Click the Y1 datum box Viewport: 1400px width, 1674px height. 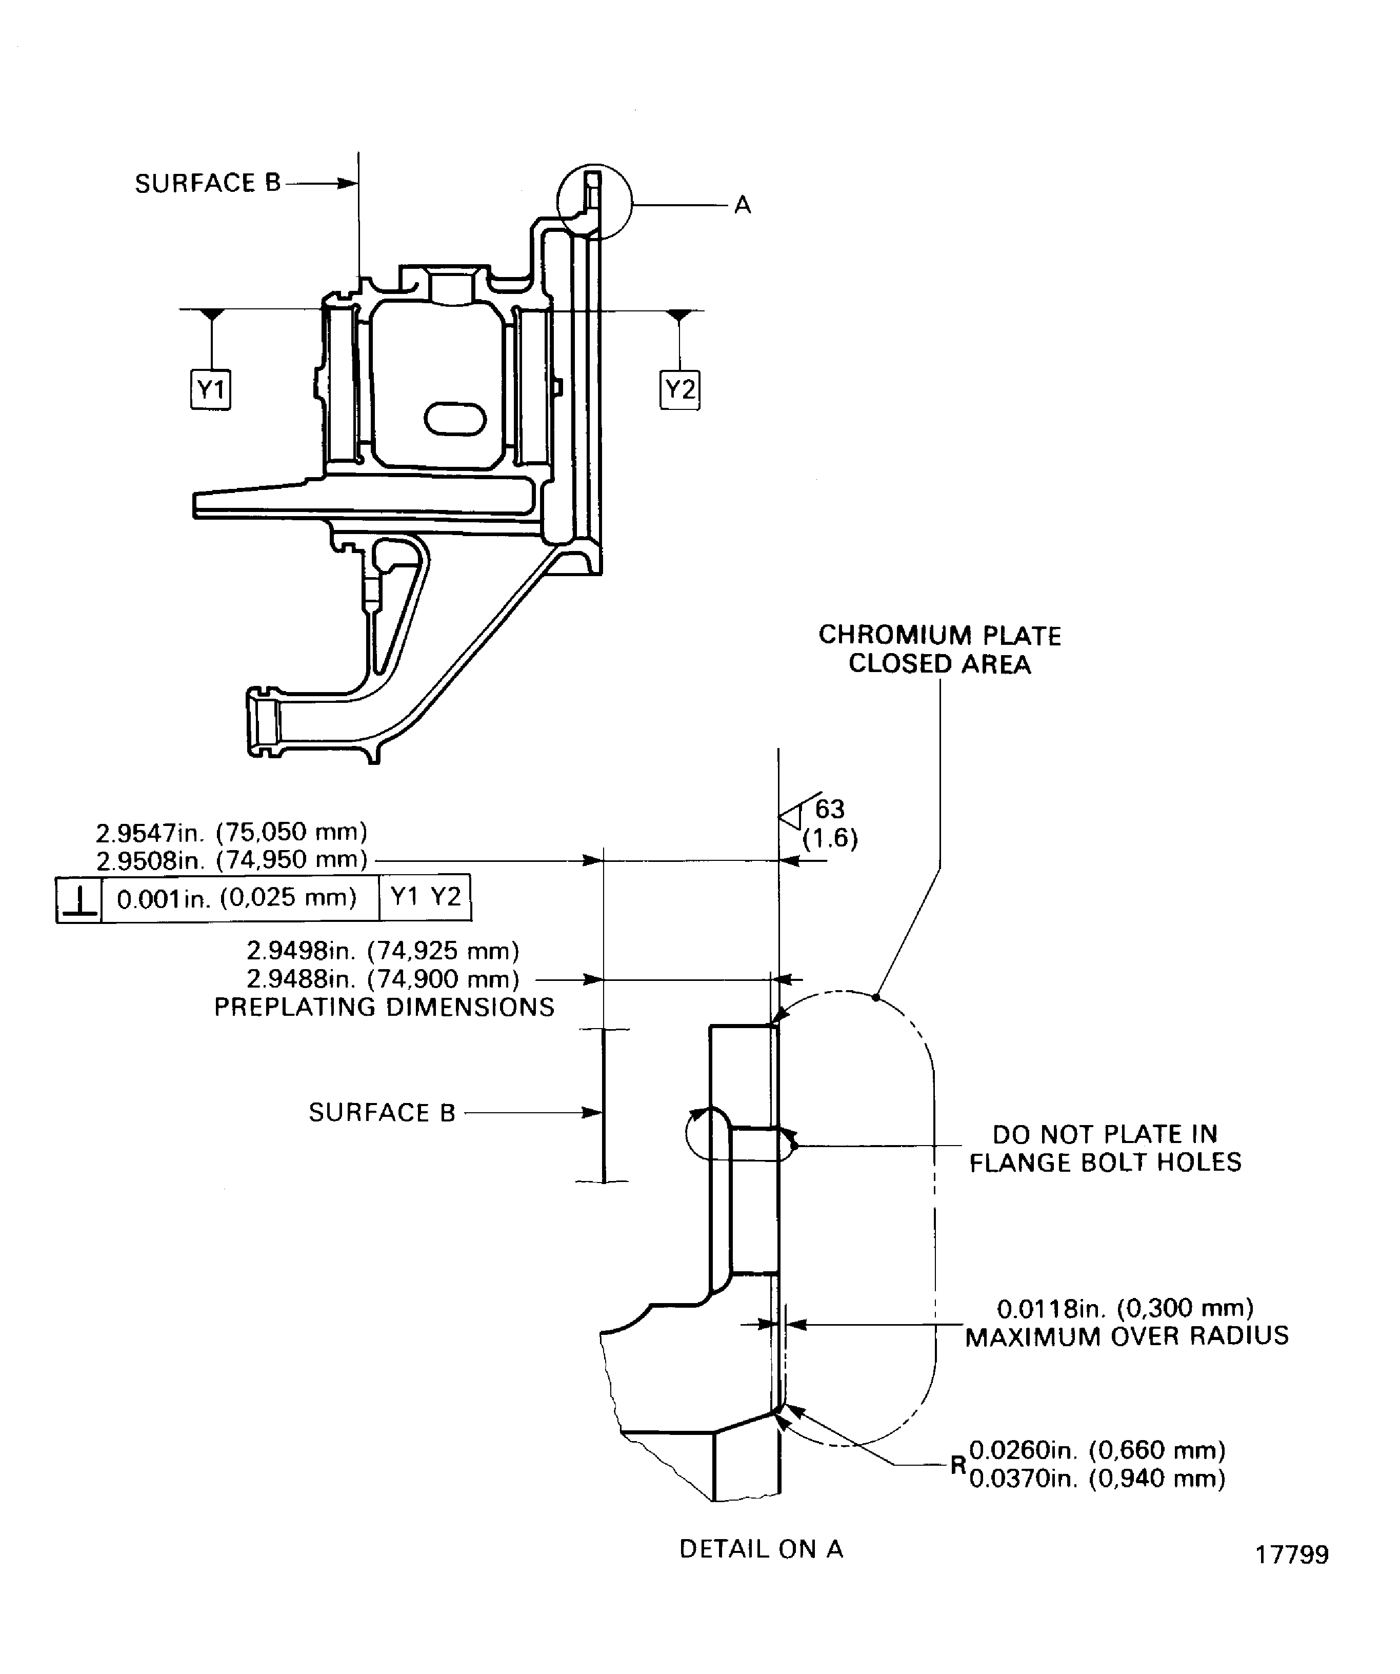[210, 390]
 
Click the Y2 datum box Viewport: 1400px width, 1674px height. [679, 390]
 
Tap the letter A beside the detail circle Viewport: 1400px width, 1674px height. [743, 206]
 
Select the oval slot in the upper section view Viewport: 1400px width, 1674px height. [455, 419]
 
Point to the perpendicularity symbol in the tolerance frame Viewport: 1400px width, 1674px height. [79, 899]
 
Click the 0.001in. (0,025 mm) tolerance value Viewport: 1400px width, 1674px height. [236, 898]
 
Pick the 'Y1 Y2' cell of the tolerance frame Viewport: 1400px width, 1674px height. [426, 897]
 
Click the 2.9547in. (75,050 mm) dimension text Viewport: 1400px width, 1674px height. [232, 832]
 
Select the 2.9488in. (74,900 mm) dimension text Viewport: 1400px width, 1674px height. [383, 978]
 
